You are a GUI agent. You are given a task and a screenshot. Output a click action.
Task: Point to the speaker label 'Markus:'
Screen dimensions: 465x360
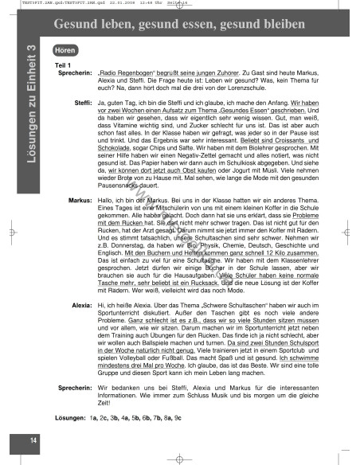tap(80, 202)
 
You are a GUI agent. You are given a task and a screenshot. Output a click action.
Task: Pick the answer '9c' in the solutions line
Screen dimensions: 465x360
tap(178, 417)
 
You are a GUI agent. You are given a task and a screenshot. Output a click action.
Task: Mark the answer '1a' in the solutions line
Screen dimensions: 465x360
tap(94, 417)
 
